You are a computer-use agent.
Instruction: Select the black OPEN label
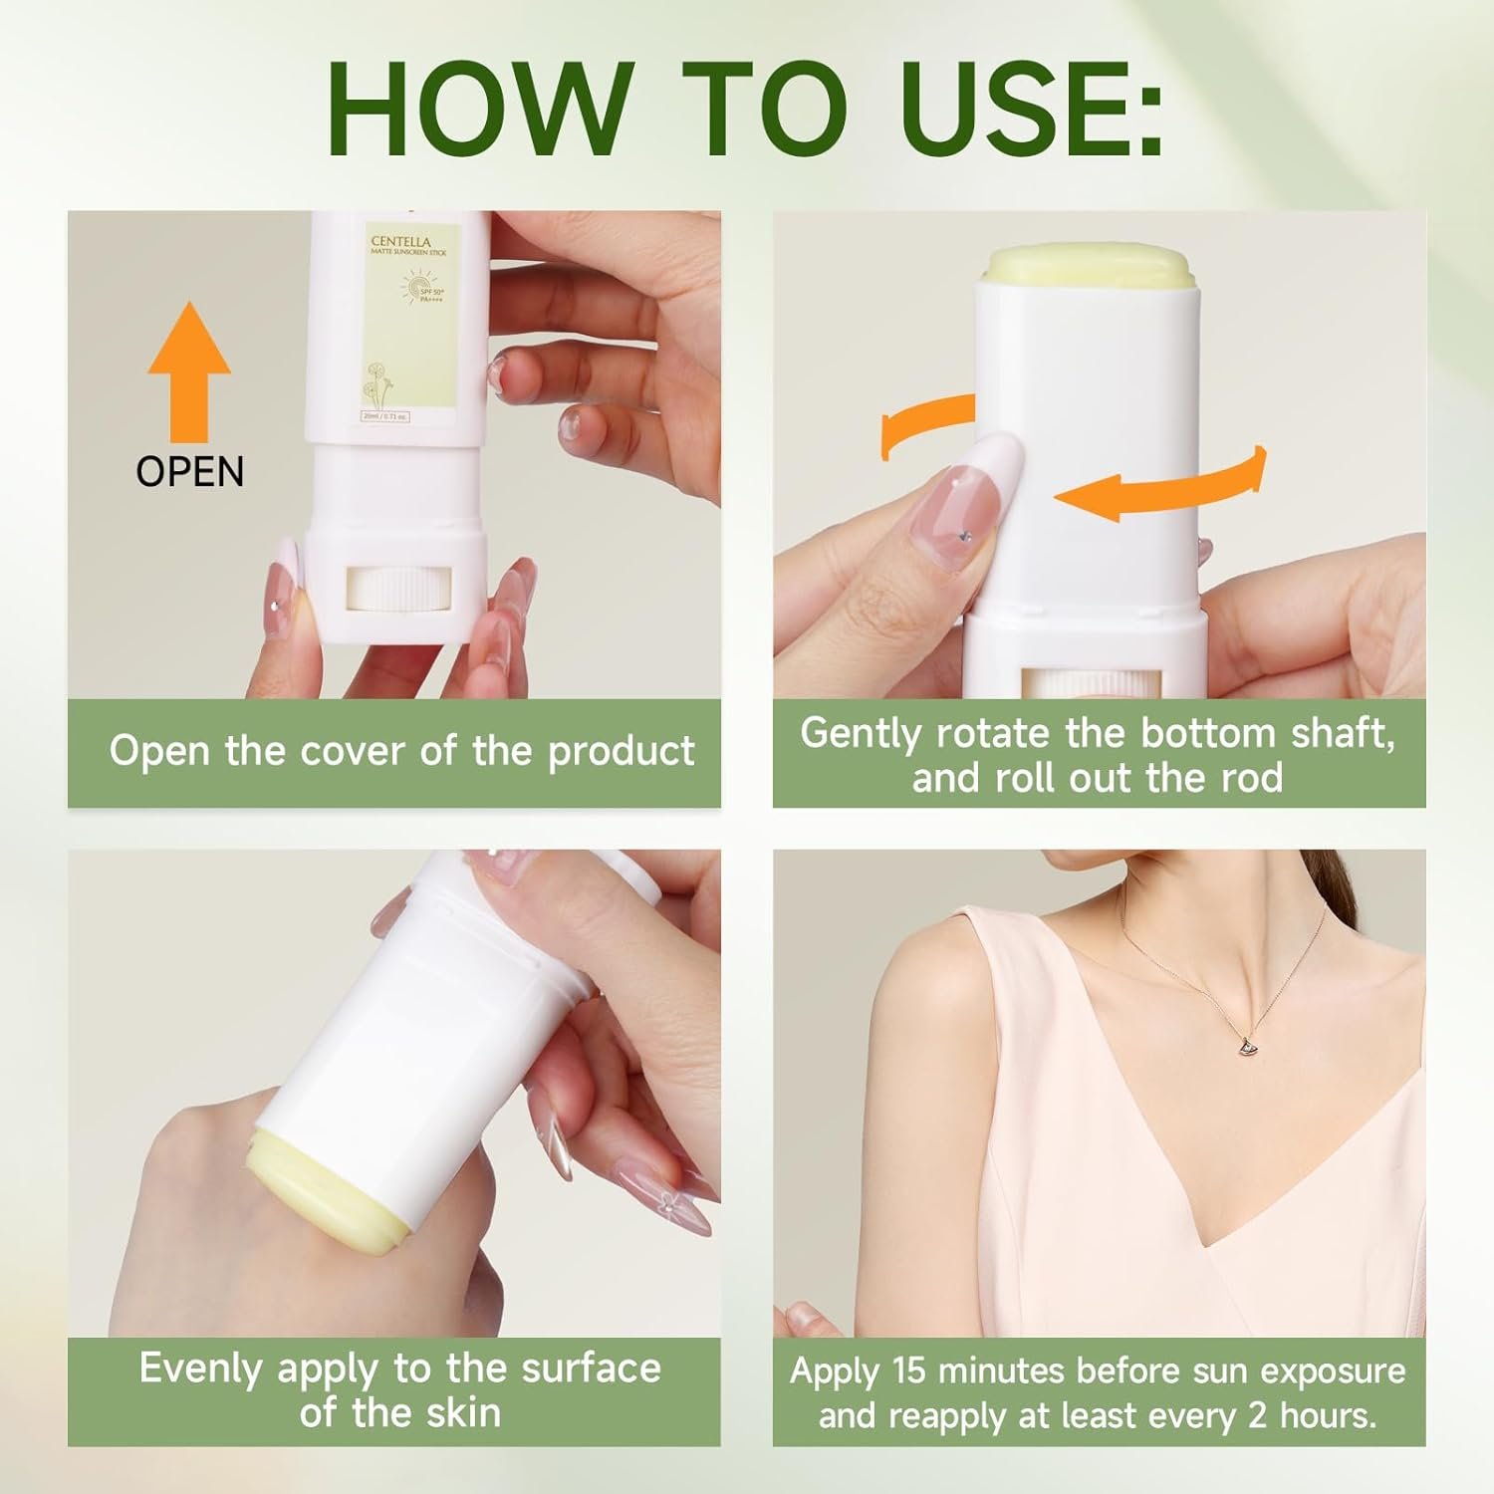[189, 471]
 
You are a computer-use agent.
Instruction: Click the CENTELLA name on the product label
[400, 241]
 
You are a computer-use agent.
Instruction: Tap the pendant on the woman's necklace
[1244, 1045]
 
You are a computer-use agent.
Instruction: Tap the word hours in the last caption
[1332, 1415]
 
